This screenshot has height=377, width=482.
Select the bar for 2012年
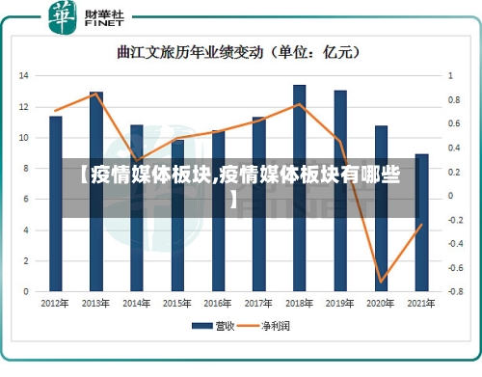click(x=56, y=202)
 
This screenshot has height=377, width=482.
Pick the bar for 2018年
click(x=300, y=188)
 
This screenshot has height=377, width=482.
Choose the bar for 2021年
click(x=421, y=222)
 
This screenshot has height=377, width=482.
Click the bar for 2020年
click(x=381, y=207)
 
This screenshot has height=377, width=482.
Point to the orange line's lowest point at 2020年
click(x=382, y=282)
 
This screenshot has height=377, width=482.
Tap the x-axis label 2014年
click(x=137, y=303)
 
